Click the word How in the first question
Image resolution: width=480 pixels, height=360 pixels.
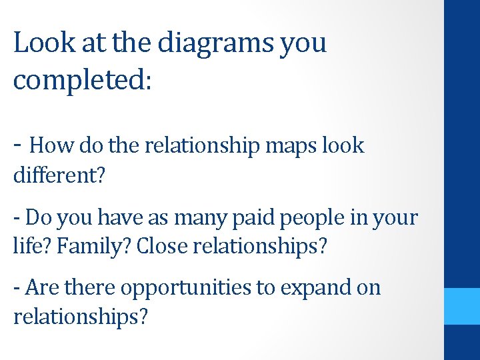tap(49, 145)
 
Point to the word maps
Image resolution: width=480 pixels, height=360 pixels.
tap(284, 146)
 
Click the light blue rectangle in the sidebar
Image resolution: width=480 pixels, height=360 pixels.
tap(461, 306)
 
